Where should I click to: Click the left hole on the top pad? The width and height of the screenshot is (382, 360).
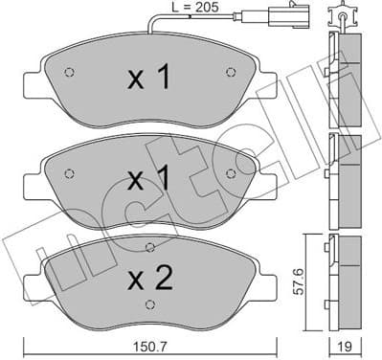(66, 74)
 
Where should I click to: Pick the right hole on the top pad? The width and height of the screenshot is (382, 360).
(228, 72)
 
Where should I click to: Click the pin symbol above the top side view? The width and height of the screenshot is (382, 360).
(342, 14)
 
